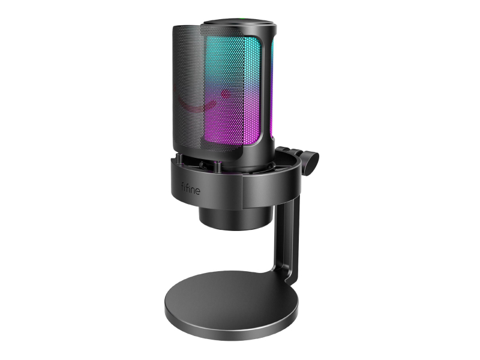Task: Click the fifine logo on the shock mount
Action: coord(190,188)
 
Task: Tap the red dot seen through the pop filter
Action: coord(226,93)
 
